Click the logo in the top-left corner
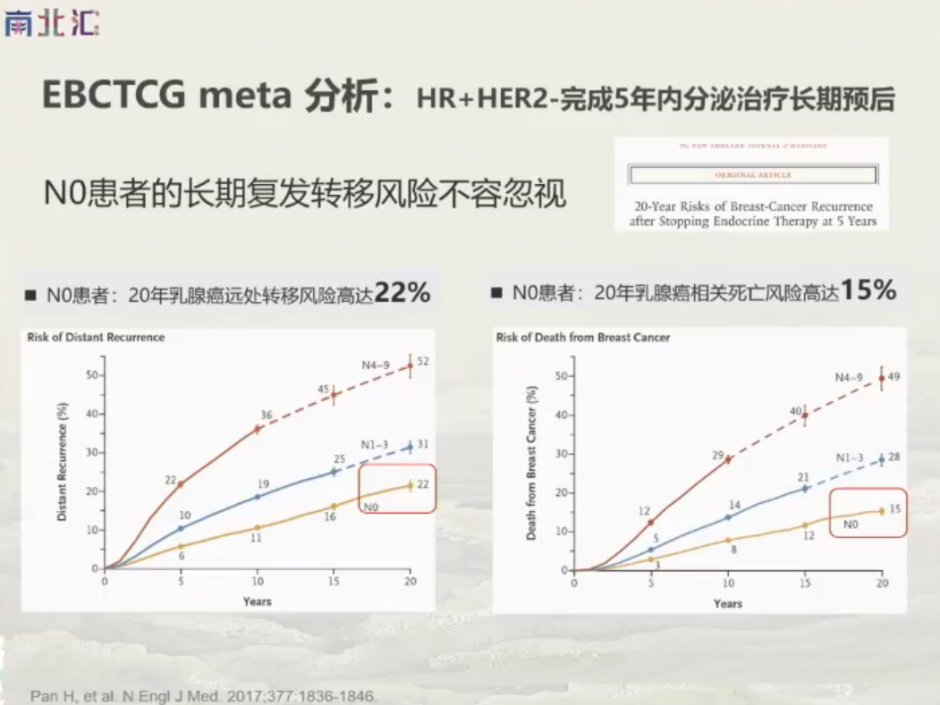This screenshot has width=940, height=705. coord(51,23)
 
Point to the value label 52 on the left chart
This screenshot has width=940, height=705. coord(423,361)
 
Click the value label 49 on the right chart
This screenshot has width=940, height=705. coord(893,376)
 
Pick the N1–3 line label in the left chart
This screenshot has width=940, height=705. coord(376,444)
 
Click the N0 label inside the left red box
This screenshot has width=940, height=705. coord(373,507)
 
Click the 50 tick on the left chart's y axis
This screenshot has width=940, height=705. coord(91,374)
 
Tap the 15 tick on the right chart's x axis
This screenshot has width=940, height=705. coord(805,583)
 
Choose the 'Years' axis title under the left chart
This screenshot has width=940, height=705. coord(257,601)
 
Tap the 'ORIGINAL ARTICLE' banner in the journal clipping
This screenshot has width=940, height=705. coord(751,175)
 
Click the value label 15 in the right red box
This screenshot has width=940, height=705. coord(893,510)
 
